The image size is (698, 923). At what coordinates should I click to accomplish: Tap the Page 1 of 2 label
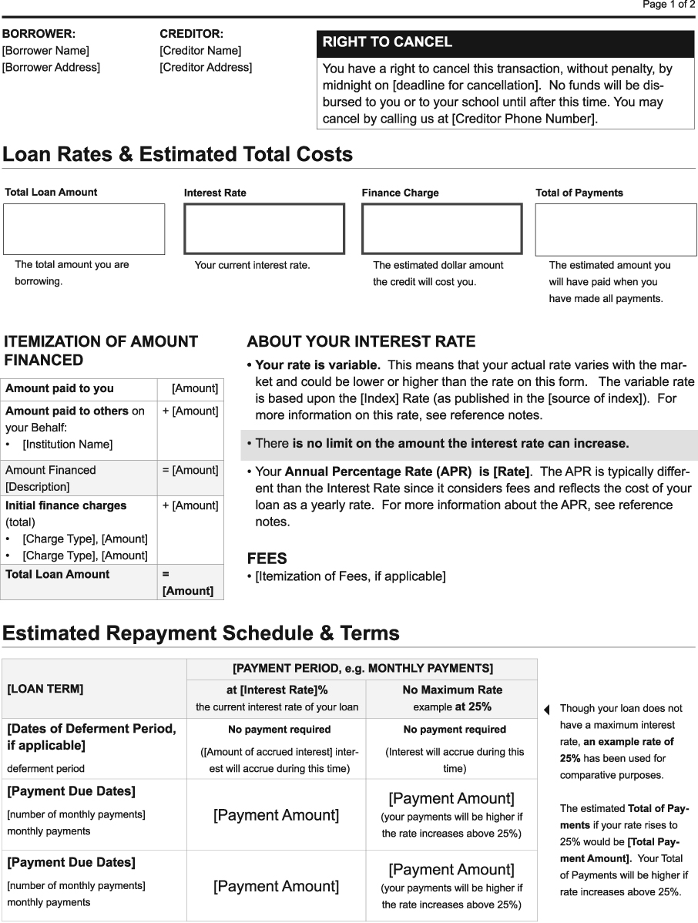click(669, 5)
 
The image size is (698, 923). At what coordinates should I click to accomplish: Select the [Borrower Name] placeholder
click(45, 51)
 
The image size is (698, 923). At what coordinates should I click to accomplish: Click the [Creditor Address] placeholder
click(206, 68)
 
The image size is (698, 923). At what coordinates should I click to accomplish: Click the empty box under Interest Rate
click(264, 229)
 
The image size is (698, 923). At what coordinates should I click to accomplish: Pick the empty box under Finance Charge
click(441, 229)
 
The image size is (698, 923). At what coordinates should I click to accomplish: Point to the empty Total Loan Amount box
click(84, 229)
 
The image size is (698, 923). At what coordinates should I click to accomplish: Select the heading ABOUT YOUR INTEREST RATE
click(361, 342)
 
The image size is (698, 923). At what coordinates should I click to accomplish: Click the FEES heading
click(267, 559)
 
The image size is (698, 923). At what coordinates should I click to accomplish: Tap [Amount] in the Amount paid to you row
click(195, 389)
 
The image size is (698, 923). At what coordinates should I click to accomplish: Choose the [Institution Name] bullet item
click(67, 445)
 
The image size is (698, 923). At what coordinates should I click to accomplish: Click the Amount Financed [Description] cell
click(77, 478)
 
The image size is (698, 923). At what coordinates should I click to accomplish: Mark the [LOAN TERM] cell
click(93, 689)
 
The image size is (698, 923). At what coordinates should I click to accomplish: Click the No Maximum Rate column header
click(451, 698)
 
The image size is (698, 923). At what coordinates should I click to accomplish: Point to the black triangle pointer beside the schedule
click(546, 710)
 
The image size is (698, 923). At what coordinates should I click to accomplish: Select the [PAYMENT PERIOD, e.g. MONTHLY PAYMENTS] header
click(362, 668)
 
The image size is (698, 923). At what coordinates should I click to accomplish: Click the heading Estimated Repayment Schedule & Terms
click(201, 634)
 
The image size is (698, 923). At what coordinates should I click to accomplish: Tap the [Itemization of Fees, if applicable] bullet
click(350, 576)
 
